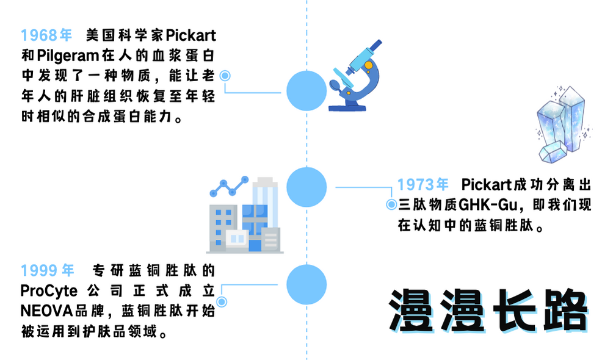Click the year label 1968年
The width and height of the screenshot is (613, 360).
coord(46,35)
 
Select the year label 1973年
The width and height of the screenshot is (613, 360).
coord(423,184)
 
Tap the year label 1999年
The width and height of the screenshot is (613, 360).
coord(48,270)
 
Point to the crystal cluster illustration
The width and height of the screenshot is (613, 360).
coord(562,125)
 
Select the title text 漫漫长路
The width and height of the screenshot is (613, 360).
coord(488,309)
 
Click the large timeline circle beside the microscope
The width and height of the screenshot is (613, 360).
coord(306,92)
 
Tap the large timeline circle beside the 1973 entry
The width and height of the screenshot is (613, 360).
coord(306,187)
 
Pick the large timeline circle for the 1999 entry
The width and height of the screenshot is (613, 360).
coord(306,284)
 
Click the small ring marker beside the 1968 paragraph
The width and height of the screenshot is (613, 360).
coord(225,76)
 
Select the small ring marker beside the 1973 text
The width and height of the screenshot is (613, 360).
coord(391,204)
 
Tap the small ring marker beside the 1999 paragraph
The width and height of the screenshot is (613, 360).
coord(222,301)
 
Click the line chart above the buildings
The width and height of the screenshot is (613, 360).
coord(229,185)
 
